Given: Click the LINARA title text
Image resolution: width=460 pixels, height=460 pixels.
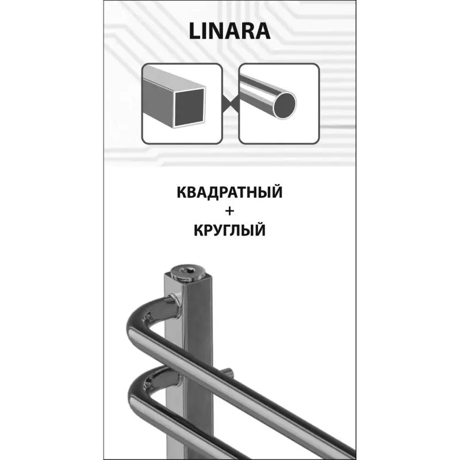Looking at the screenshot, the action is click(x=229, y=31).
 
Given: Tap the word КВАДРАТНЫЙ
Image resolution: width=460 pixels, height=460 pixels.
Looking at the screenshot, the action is click(x=229, y=192).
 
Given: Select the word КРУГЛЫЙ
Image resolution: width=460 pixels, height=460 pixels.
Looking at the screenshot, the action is click(x=229, y=230).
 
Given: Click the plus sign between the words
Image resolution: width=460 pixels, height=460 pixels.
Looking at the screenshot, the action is click(x=229, y=211).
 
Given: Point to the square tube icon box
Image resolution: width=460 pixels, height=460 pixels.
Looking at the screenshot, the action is click(x=182, y=103).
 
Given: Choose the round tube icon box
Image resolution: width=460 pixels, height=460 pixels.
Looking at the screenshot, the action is click(x=279, y=103).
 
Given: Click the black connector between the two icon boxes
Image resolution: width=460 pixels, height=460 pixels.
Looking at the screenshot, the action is click(x=231, y=103).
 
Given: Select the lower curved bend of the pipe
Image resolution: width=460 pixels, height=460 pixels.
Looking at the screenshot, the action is click(x=144, y=387).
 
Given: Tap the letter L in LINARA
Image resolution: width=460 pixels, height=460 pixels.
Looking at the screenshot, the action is click(x=194, y=31).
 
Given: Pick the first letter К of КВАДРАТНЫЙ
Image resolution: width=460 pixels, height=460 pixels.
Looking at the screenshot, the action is click(x=182, y=193).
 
